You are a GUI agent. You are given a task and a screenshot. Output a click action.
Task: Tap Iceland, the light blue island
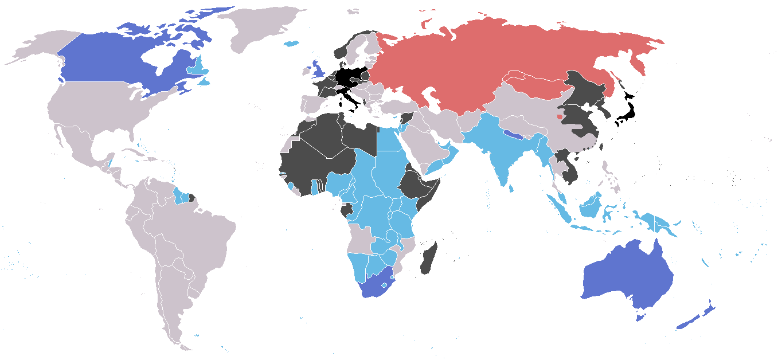pos(292,44)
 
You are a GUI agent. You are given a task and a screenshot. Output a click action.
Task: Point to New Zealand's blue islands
pos(694,321)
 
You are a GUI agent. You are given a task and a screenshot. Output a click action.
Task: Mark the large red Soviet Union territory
pos(487,57)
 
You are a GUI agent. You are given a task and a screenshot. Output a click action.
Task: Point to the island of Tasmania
pos(641,316)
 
